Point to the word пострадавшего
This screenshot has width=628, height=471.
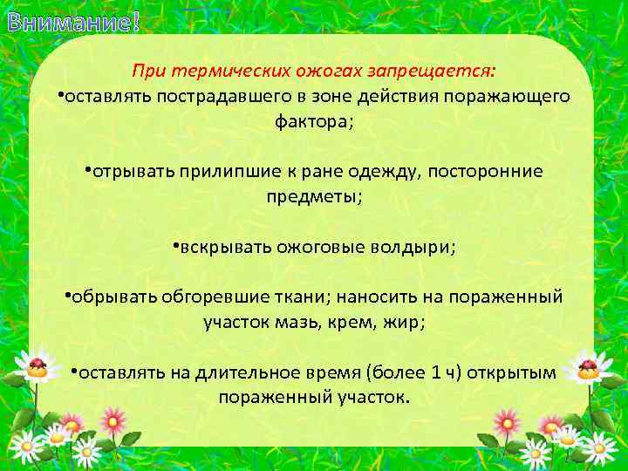(x=222, y=96)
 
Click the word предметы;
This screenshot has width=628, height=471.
(x=314, y=196)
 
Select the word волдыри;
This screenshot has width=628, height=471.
(x=410, y=246)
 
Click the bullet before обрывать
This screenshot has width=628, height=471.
(x=67, y=294)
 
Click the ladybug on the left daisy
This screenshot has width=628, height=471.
(x=38, y=365)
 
